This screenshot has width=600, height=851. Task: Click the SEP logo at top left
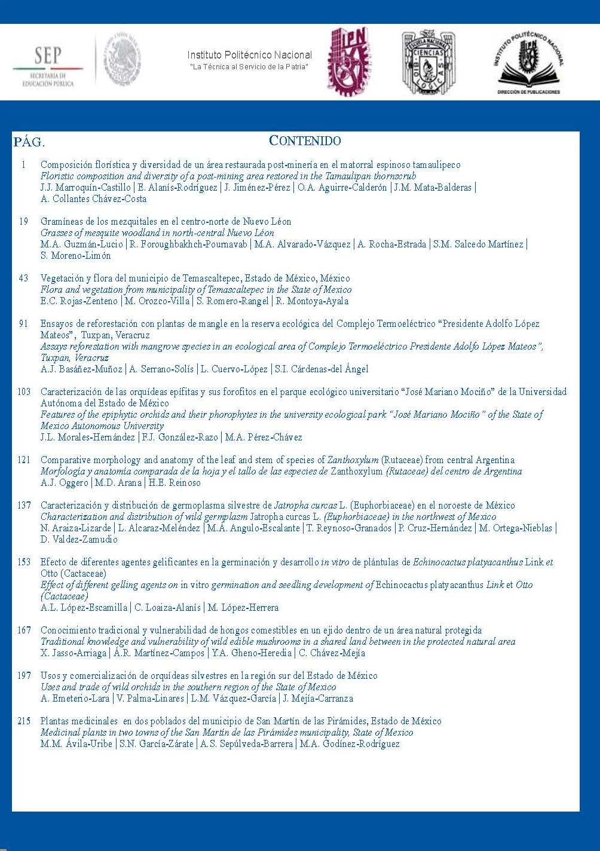pyautogui.click(x=48, y=66)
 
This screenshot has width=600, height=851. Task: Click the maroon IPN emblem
pyautogui.click(x=349, y=61)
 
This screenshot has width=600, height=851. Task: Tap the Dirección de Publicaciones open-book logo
pyautogui.click(x=528, y=63)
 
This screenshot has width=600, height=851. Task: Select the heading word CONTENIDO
pyautogui.click(x=305, y=141)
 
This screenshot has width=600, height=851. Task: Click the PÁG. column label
pyautogui.click(x=29, y=142)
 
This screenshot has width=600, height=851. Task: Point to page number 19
pyautogui.click(x=24, y=222)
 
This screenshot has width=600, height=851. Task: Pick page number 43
pyautogui.click(x=24, y=278)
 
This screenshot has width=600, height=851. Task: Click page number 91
pyautogui.click(x=24, y=324)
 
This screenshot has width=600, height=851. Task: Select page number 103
pyautogui.click(x=24, y=392)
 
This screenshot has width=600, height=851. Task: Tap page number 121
pyautogui.click(x=24, y=460)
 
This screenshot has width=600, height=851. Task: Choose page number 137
pyautogui.click(x=24, y=506)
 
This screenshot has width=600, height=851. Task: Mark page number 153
pyautogui.click(x=24, y=562)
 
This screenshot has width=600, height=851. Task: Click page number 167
pyautogui.click(x=24, y=630)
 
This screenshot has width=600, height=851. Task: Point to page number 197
pyautogui.click(x=24, y=676)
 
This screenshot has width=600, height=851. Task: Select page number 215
pyautogui.click(x=24, y=721)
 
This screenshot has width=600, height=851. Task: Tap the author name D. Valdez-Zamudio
pyautogui.click(x=79, y=540)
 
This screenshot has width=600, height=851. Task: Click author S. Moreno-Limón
pyautogui.click(x=76, y=256)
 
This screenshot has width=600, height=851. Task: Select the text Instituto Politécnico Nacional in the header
pyautogui.click(x=249, y=55)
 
